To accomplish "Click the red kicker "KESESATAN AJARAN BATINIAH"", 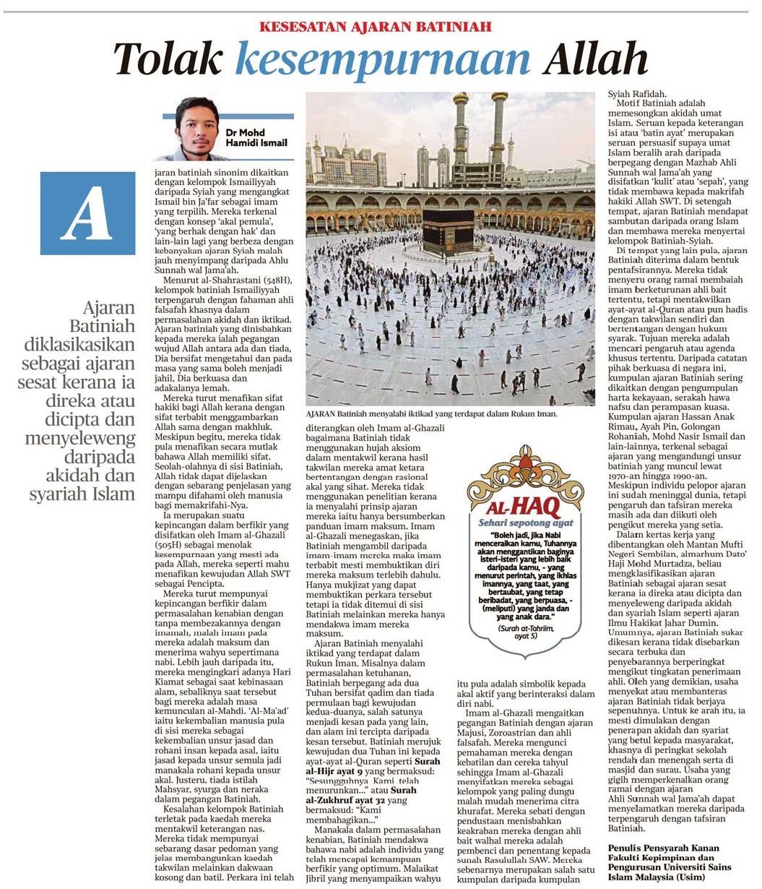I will point(376,27).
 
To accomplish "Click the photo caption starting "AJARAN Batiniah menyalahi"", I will point(432,416).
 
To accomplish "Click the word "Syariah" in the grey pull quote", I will point(69,494).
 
